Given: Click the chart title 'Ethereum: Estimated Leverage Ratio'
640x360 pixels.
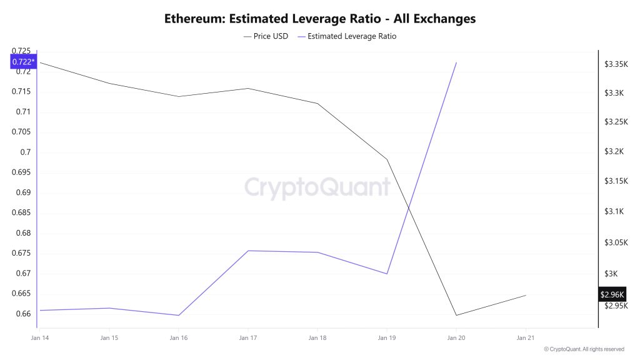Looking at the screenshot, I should click(x=320, y=19).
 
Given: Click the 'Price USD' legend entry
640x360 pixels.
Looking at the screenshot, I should click(x=266, y=36).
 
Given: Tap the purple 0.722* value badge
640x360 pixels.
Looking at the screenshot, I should click(x=23, y=61).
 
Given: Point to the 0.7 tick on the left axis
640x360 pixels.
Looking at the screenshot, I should click(x=26, y=152).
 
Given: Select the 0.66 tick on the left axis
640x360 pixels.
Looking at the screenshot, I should click(x=22, y=314).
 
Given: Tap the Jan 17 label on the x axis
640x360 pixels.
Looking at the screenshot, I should click(x=248, y=338).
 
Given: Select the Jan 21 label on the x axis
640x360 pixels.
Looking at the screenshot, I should click(x=526, y=338).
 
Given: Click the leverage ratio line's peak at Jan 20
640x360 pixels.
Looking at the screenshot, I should click(x=456, y=62).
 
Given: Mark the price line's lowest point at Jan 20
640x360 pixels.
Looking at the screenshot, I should click(x=456, y=315).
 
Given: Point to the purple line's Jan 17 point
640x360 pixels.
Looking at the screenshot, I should click(x=248, y=251).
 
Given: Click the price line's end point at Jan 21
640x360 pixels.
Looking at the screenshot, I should click(x=526, y=295).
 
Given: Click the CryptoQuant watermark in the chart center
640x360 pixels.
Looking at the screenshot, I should click(x=317, y=187).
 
